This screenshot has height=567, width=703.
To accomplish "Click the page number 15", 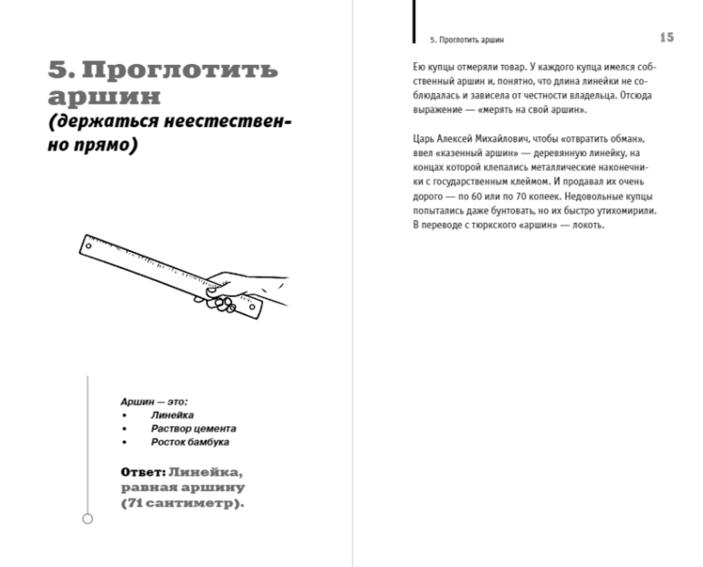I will [x=666, y=37].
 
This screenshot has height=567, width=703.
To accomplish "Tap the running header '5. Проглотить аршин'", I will [x=467, y=40].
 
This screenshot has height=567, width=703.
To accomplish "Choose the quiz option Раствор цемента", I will [x=194, y=428].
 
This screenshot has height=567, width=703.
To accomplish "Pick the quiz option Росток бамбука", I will [x=190, y=442].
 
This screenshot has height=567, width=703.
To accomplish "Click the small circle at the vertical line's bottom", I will [x=87, y=520].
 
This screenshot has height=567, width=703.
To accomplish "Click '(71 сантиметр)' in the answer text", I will [x=183, y=502].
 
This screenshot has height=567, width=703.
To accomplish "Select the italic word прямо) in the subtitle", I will [x=100, y=146].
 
